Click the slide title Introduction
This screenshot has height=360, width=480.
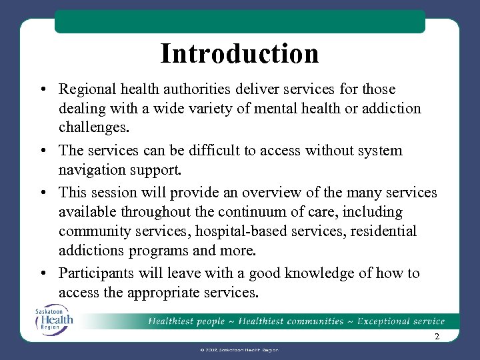239,53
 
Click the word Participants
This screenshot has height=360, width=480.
94,273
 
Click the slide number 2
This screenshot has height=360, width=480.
437,337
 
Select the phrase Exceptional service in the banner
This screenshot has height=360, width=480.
401,321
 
